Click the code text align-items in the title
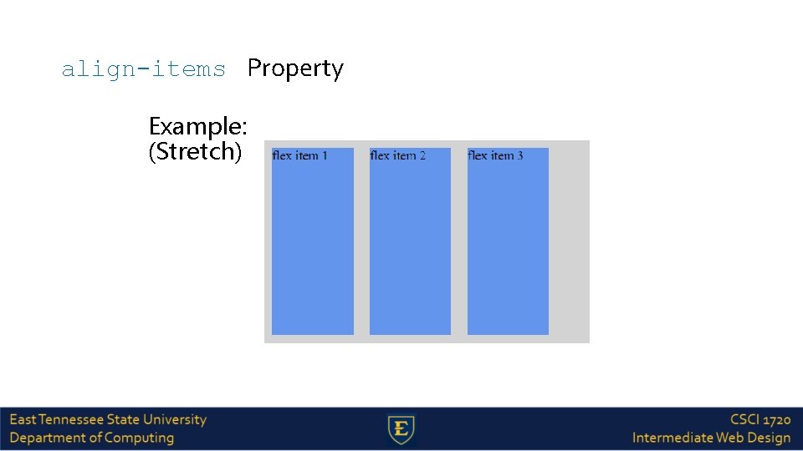143,68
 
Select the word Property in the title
295,68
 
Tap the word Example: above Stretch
197,127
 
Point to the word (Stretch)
195,152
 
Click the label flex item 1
299,155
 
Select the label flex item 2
397,155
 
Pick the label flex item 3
495,155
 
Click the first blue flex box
313,251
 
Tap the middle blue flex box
410,251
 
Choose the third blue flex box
508,251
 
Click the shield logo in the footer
402,429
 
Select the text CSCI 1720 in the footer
760,419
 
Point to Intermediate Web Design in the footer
711,438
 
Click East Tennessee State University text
108,419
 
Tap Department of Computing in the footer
92,438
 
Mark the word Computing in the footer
140,438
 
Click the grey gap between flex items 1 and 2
361,251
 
